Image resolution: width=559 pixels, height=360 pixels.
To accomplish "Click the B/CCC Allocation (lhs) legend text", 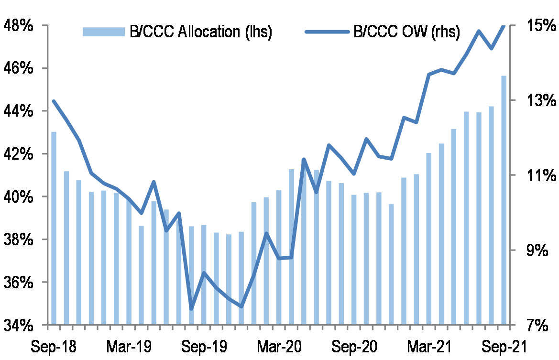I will point(201,32).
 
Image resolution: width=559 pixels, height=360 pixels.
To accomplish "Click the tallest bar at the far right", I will point(504,200).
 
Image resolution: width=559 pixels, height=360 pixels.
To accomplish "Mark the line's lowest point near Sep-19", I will point(191,308).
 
